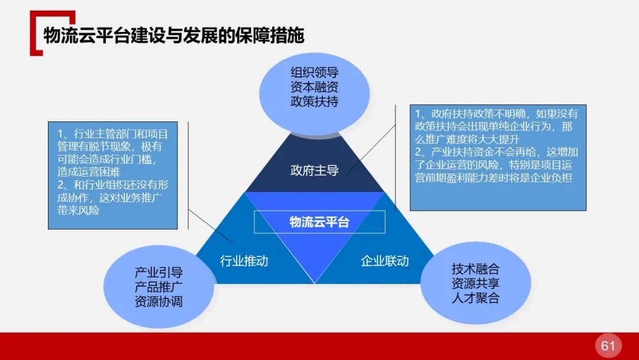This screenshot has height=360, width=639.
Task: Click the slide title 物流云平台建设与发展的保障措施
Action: (x=174, y=36)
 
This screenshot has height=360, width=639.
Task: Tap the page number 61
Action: (x=608, y=346)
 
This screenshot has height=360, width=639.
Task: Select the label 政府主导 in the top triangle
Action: (x=314, y=171)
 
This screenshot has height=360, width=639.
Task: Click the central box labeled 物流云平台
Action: (x=319, y=222)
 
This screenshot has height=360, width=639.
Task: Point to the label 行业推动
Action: (x=244, y=261)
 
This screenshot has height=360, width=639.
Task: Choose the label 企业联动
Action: (x=385, y=261)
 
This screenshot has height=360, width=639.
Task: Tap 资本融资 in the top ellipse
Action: (x=314, y=87)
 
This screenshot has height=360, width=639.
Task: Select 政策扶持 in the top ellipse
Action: (x=314, y=101)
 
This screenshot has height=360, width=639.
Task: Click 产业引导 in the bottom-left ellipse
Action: (x=159, y=273)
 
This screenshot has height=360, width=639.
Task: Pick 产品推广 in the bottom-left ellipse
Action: (x=159, y=287)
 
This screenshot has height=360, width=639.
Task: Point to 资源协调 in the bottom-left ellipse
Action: (x=159, y=301)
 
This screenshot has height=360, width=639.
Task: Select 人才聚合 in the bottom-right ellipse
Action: (x=475, y=298)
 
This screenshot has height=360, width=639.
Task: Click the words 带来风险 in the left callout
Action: (x=78, y=210)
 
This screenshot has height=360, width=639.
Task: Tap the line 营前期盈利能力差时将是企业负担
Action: (x=493, y=178)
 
